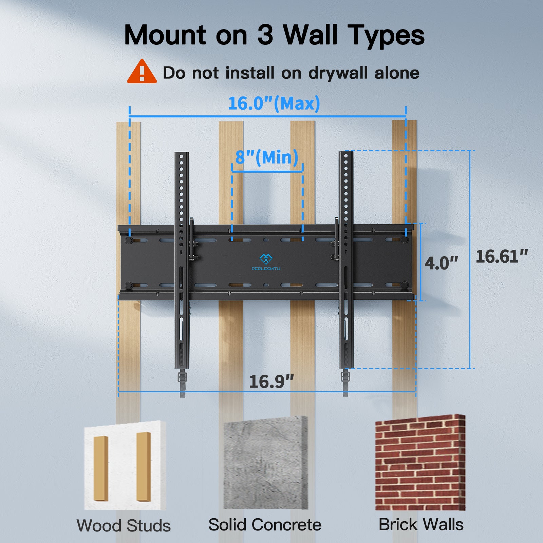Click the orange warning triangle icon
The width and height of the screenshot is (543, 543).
pyautogui.click(x=142, y=72)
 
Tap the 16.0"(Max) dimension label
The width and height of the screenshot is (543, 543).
pyautogui.click(x=274, y=103)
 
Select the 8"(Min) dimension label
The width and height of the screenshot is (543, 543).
pyautogui.click(x=267, y=157)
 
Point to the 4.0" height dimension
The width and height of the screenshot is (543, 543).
pyautogui.click(x=441, y=263)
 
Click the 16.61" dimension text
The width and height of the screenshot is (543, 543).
pyautogui.click(x=502, y=257)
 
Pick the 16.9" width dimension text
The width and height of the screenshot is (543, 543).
pyautogui.click(x=271, y=382)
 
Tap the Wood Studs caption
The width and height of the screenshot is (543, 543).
pyautogui.click(x=124, y=526)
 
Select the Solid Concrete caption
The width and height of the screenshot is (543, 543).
pyautogui.click(x=265, y=525)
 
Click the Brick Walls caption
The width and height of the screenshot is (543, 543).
pyautogui.click(x=421, y=524)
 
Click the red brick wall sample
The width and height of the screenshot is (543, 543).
pyautogui.click(x=420, y=463)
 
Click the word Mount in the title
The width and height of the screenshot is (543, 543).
pyautogui.click(x=165, y=35)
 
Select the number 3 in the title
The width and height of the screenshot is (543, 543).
pyautogui.click(x=265, y=35)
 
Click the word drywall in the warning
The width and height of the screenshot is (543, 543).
pyautogui.click(x=339, y=73)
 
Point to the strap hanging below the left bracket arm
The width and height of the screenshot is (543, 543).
pyautogui.click(x=182, y=383)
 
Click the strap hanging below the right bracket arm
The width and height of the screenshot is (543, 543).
pyautogui.click(x=345, y=382)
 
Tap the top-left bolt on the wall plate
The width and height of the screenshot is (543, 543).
pyautogui.click(x=129, y=240)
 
